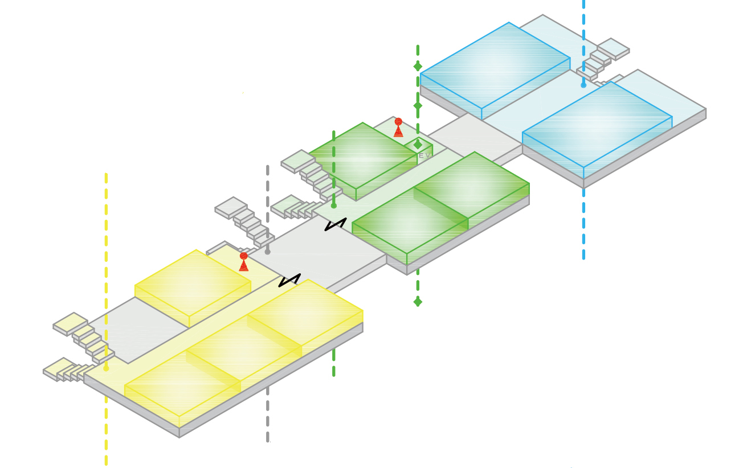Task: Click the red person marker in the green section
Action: pos(398,127)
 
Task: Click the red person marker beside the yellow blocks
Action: pos(244,261)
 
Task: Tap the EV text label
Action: pos(424,155)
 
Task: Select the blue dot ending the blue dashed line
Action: pos(583,85)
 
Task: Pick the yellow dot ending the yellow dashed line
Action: pos(106,368)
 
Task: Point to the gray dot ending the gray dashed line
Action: pos(267,251)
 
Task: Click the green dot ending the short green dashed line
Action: pos(334,206)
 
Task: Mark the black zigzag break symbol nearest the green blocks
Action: pos(336,224)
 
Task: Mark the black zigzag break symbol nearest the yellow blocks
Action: pos(289,280)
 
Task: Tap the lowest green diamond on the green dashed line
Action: pos(418,301)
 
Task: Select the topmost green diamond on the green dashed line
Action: pos(418,67)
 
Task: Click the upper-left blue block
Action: pos(495,65)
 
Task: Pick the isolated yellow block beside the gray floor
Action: pos(193,282)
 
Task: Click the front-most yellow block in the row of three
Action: pos(182,384)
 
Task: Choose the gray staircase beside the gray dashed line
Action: pos(245,222)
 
